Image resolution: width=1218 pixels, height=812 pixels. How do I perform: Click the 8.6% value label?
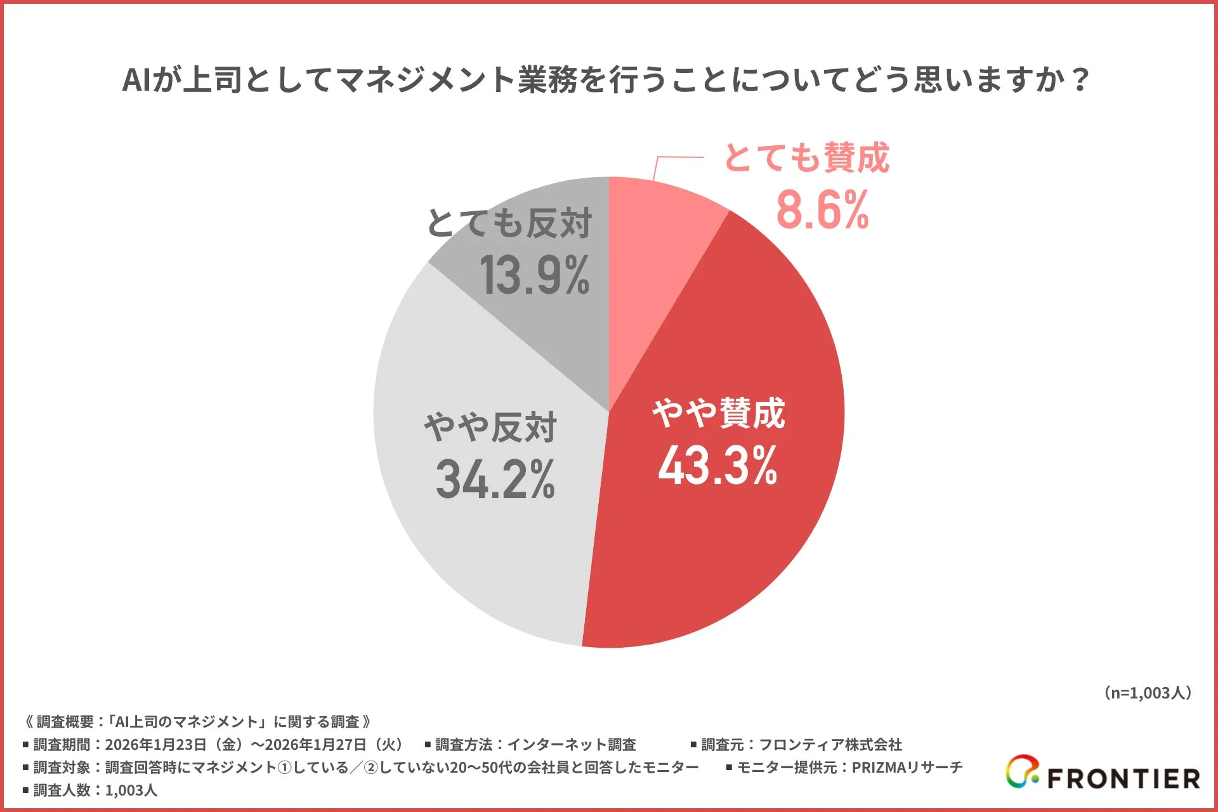click(x=822, y=211)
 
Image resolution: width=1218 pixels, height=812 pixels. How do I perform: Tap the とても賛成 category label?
click(x=806, y=157)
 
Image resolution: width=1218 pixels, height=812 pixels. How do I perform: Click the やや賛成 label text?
click(x=719, y=414)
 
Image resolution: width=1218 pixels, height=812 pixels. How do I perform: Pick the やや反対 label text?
click(x=490, y=427)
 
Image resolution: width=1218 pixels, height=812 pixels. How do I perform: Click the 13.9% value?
click(x=534, y=276)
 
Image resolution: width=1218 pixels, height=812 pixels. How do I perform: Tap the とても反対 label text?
click(x=509, y=223)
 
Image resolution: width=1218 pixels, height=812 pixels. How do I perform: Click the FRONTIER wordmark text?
click(x=1123, y=778)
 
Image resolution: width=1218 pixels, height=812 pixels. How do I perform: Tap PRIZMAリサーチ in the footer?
click(x=907, y=768)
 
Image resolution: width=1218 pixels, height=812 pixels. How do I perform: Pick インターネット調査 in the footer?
click(x=571, y=745)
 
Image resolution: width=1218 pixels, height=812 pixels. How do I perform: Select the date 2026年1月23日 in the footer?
click(x=155, y=745)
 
